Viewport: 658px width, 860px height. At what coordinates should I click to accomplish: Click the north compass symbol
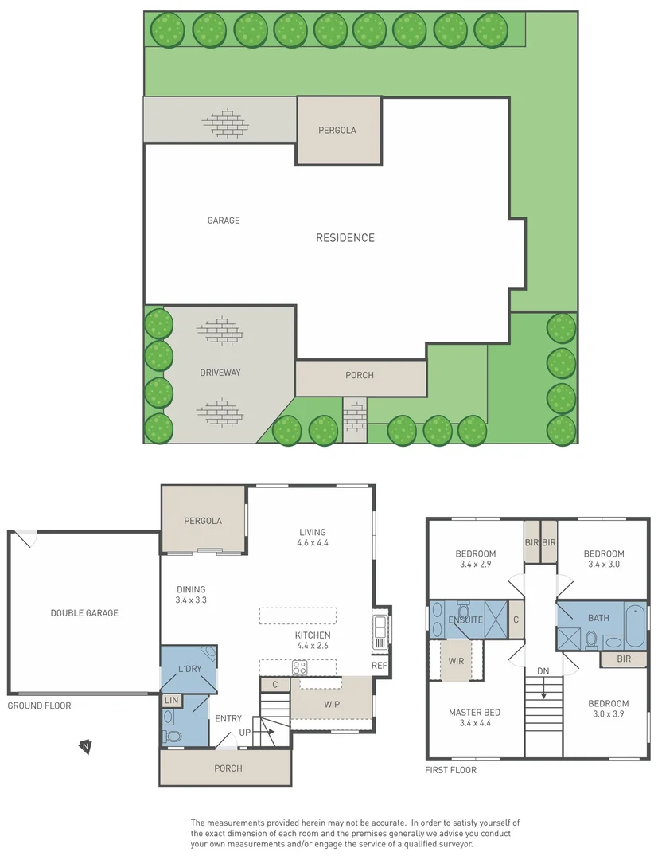click(x=84, y=746)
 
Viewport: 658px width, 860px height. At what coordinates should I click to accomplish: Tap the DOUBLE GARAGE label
click(x=84, y=613)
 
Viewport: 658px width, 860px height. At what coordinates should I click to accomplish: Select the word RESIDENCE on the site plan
click(x=345, y=238)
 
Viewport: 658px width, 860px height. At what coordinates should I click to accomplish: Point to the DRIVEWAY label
click(x=220, y=373)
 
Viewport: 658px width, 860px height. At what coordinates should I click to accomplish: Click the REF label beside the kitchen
click(x=379, y=666)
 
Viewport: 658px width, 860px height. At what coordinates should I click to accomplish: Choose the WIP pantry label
click(x=332, y=705)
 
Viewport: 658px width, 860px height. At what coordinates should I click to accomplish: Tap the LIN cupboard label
click(x=171, y=700)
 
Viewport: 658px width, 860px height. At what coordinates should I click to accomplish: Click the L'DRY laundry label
click(x=189, y=669)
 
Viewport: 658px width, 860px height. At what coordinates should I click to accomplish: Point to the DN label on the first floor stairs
click(x=543, y=671)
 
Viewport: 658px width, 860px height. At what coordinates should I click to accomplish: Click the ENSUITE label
click(x=465, y=619)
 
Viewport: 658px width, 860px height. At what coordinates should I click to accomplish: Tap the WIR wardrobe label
click(x=456, y=661)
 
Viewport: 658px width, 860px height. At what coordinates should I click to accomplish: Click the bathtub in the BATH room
click(x=635, y=625)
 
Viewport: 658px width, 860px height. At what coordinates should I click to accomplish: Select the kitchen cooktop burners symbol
click(x=300, y=668)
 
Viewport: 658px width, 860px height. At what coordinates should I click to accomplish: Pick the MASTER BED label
click(x=474, y=713)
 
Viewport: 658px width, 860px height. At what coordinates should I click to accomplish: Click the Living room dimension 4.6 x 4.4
click(x=313, y=543)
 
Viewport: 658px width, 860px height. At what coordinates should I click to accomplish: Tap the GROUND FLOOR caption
click(x=39, y=706)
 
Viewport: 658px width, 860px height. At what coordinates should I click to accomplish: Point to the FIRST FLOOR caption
click(x=451, y=770)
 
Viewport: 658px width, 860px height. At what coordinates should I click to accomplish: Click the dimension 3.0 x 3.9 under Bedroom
click(x=608, y=714)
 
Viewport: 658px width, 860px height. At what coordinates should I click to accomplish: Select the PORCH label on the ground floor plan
click(x=228, y=768)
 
